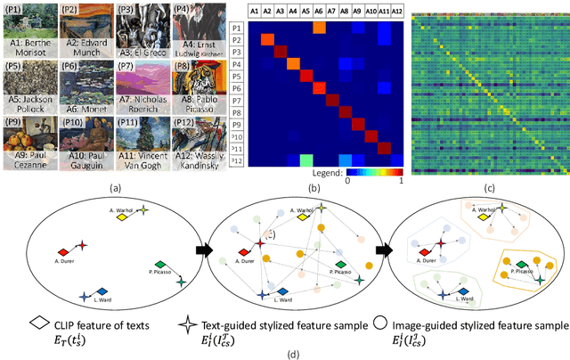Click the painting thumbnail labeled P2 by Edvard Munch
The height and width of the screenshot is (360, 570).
point(89,22)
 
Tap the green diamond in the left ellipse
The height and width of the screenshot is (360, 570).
point(159,266)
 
